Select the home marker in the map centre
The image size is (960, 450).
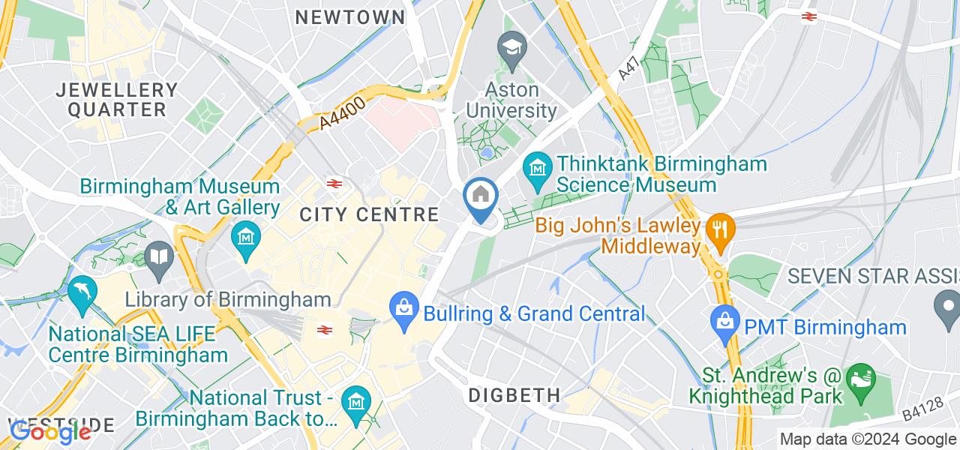(x=480, y=197)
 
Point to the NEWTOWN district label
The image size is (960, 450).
(x=350, y=17)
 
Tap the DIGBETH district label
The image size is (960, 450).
(x=514, y=394)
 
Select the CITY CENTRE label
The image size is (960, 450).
(x=369, y=214)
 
